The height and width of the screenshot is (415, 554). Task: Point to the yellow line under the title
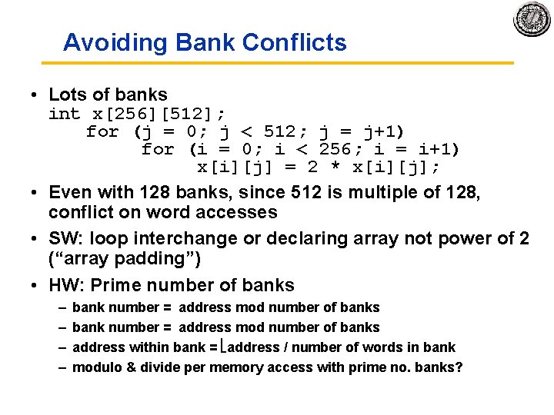coord(288,63)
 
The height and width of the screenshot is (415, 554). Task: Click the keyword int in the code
coord(64,114)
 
